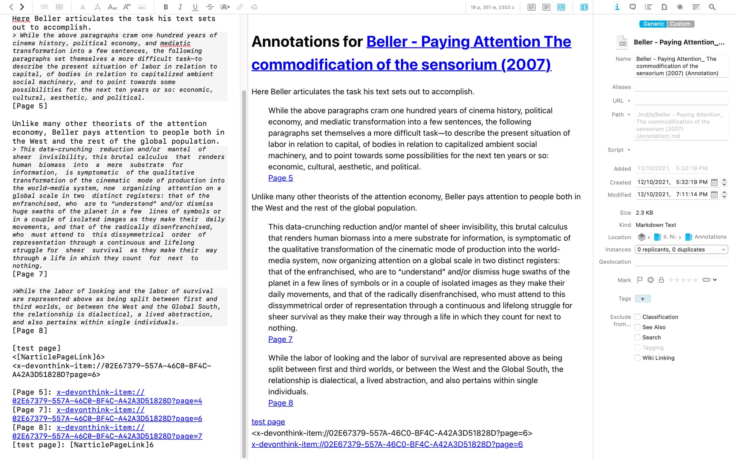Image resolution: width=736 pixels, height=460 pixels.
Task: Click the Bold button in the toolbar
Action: [x=166, y=7]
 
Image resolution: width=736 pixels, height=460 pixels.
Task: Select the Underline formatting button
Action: [x=195, y=7]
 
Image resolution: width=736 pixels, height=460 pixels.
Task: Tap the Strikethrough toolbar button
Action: [x=210, y=7]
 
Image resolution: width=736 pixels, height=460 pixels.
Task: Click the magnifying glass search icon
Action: [x=712, y=7]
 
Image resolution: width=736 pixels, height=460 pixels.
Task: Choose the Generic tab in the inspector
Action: [x=653, y=24]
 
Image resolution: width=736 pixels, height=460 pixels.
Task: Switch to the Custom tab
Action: [x=680, y=24]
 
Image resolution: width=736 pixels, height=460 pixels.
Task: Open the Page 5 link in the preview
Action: [x=280, y=178]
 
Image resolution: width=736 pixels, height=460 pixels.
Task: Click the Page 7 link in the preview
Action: [x=280, y=339]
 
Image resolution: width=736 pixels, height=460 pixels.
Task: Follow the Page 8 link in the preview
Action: [x=280, y=403]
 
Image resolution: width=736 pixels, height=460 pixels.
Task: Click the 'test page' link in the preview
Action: [x=268, y=422]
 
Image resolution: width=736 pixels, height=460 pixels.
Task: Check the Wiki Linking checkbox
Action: [x=637, y=358]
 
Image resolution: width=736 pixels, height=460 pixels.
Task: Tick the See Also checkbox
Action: [x=637, y=327]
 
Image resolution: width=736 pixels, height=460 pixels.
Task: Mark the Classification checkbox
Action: [x=637, y=317]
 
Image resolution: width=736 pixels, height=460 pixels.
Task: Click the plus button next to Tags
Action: [x=642, y=299]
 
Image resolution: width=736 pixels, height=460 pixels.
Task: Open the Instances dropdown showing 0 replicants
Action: [x=681, y=250]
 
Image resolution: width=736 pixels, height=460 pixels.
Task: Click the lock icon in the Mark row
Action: [x=661, y=280]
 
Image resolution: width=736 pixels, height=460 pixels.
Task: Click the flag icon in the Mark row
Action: [x=639, y=280]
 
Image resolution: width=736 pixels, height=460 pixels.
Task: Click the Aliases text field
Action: [x=681, y=87]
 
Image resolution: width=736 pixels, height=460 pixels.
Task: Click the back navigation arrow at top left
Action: [x=11, y=7]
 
